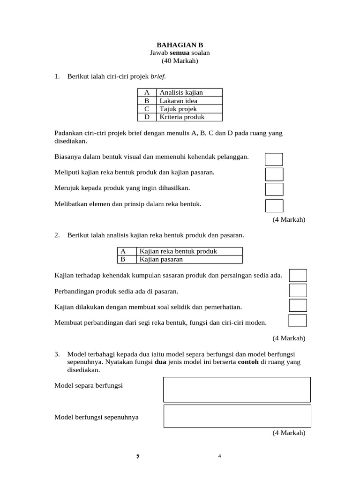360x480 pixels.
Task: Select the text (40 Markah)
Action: click(x=180, y=60)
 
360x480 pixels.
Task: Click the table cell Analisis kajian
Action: click(x=189, y=92)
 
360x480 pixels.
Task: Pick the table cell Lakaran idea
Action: click(x=189, y=101)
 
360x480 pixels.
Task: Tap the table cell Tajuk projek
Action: click(x=189, y=109)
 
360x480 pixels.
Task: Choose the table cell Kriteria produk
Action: click(x=189, y=117)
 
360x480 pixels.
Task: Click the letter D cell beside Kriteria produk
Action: click(x=147, y=117)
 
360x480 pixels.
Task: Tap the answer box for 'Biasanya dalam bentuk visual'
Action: click(x=274, y=159)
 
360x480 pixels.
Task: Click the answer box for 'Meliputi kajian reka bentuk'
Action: click(x=274, y=174)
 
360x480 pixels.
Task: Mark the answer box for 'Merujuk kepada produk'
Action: click(x=274, y=189)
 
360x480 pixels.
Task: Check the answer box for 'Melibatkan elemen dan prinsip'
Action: click(x=274, y=205)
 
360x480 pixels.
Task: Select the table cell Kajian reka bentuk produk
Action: click(x=189, y=251)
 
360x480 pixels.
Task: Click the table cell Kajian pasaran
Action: click(x=189, y=259)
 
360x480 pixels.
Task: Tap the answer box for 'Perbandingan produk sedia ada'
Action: click(x=298, y=290)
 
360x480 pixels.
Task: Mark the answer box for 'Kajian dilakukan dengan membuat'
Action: click(x=298, y=305)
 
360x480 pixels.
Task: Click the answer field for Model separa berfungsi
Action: click(x=237, y=390)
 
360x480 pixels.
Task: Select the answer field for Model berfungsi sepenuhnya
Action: click(x=237, y=416)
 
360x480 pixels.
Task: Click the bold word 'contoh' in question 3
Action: click(x=248, y=362)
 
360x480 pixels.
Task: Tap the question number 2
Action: click(x=57, y=235)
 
